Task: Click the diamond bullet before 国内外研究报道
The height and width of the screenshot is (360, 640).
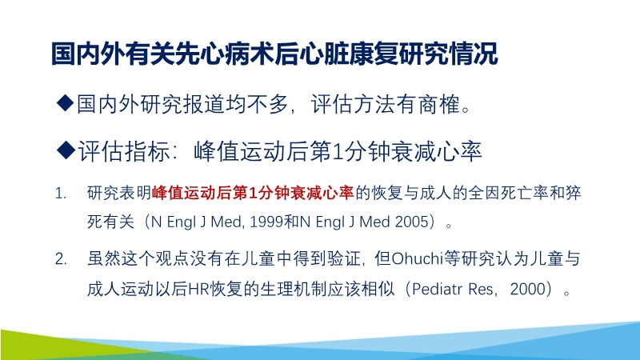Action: click(66, 104)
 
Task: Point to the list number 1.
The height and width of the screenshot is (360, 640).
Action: click(61, 194)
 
